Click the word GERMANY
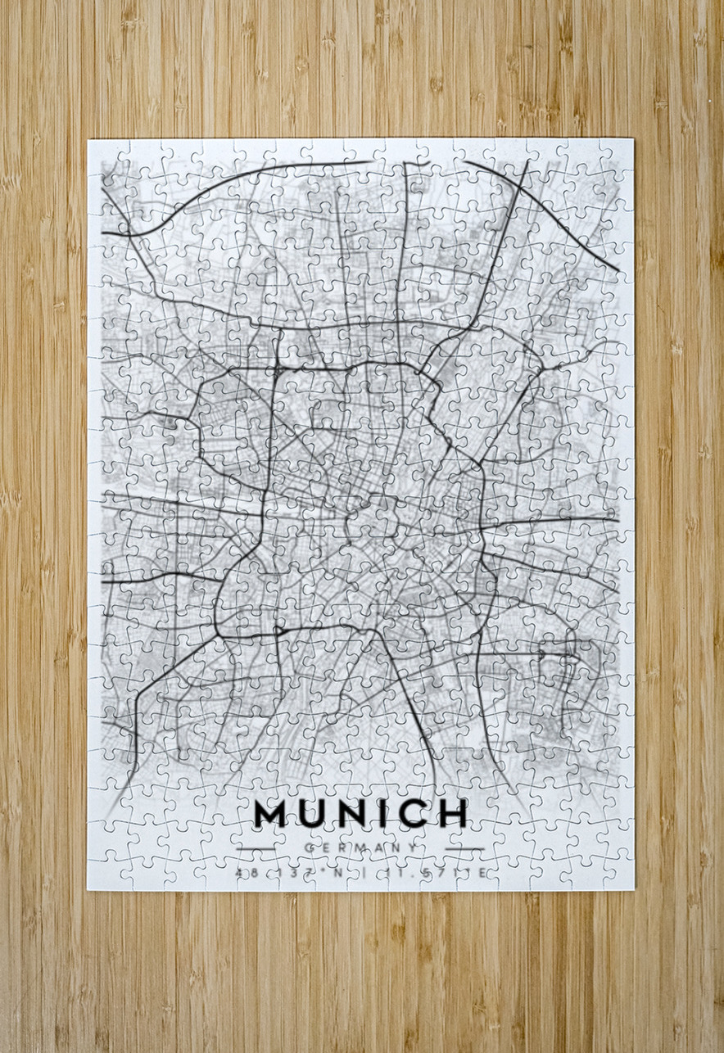point(360,848)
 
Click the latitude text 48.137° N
point(287,874)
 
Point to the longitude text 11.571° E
point(435,874)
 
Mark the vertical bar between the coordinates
point(360,874)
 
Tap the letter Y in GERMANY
point(413,848)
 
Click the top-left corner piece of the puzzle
point(104,155)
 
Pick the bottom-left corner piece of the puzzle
point(104,873)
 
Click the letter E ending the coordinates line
point(483,874)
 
